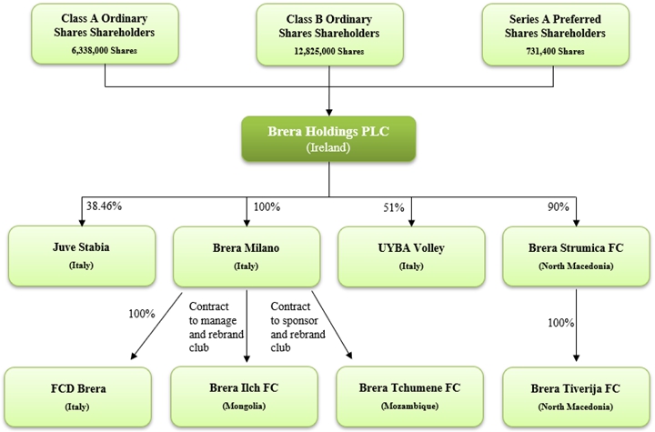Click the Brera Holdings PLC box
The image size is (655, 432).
pos(327,138)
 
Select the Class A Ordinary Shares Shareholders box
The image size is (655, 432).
pos(106,34)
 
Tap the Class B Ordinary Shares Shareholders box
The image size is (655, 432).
pos(328,34)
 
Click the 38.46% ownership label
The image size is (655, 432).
pos(102,206)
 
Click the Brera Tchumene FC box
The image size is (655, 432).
pos(410,396)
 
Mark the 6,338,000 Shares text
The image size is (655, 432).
pos(106,50)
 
